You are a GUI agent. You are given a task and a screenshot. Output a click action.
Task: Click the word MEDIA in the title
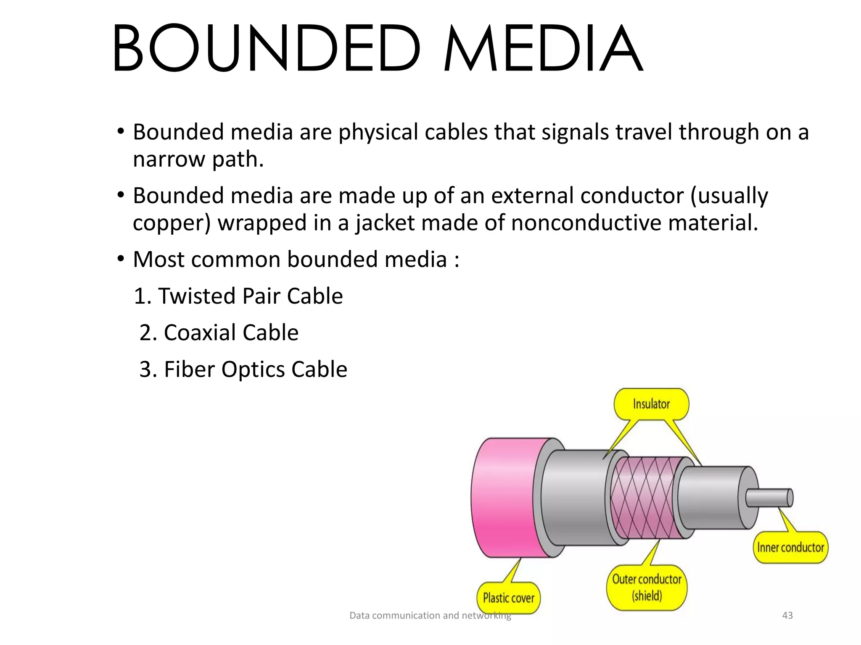(542, 48)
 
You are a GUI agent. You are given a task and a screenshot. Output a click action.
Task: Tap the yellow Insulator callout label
(651, 404)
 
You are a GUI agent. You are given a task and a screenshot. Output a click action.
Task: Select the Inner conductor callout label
(790, 548)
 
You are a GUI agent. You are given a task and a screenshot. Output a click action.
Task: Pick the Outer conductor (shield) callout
(647, 587)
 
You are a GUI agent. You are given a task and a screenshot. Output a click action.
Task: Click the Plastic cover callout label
(508, 598)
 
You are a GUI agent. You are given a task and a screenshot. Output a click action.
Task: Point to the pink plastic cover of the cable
(504, 498)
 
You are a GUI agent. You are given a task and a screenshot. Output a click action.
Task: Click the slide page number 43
(787, 615)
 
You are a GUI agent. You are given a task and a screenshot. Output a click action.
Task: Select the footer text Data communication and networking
(430, 615)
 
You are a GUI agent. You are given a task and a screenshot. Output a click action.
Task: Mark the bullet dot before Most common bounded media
(121, 259)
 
